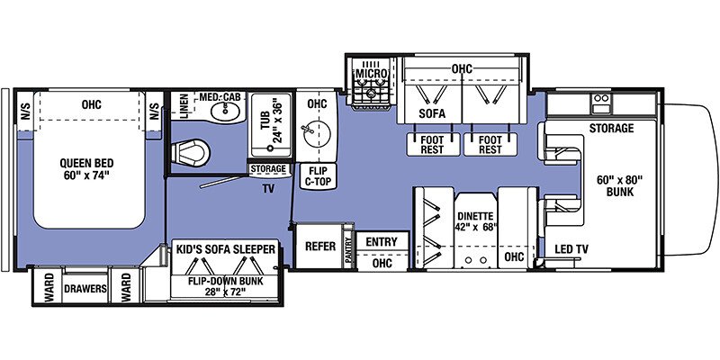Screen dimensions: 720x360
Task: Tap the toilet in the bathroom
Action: click(x=191, y=152)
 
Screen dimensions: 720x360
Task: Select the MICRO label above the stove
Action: click(x=371, y=74)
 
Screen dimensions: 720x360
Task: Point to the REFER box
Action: click(x=320, y=246)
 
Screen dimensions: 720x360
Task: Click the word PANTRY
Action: click(x=349, y=250)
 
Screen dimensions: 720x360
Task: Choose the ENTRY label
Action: click(x=382, y=241)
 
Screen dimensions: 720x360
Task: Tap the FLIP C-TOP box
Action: click(x=318, y=176)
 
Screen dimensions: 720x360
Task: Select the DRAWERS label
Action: click(x=85, y=289)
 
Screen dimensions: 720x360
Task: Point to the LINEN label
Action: click(x=184, y=106)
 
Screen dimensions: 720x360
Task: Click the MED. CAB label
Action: click(x=222, y=97)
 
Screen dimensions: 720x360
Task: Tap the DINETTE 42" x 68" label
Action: click(x=475, y=220)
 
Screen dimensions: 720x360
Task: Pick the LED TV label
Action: click(x=571, y=249)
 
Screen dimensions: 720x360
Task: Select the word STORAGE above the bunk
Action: click(x=611, y=128)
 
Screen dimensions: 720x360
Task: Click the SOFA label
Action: click(x=432, y=113)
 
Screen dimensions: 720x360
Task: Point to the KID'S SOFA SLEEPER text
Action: click(x=226, y=249)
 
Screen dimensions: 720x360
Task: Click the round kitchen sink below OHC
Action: click(x=317, y=131)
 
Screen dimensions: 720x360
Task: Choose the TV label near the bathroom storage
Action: click(x=268, y=188)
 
